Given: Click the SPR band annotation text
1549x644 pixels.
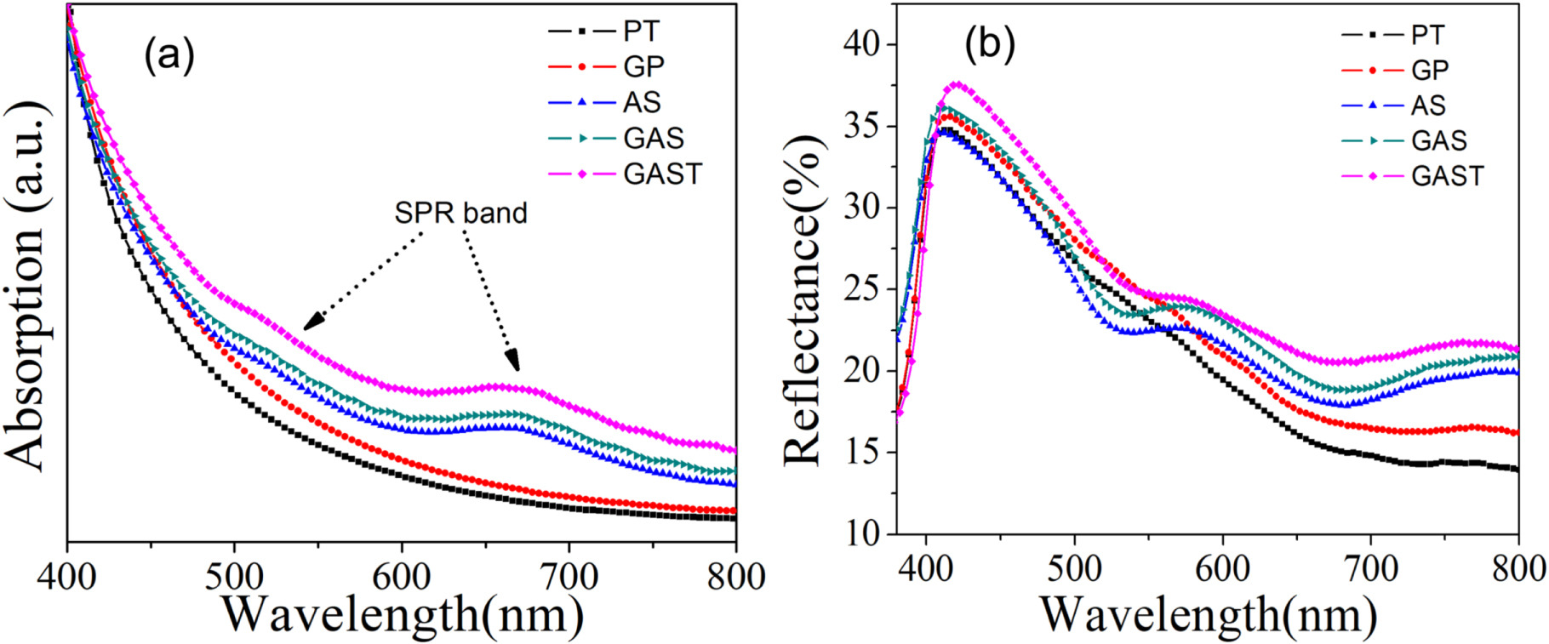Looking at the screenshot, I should coord(460,213).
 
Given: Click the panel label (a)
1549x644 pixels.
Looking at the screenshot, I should coord(169,55).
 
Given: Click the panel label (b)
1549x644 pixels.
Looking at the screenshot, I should coord(990,43).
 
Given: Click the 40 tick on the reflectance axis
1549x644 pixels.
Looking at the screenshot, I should coord(863,43).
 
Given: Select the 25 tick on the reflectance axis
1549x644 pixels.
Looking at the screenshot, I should coord(863,289).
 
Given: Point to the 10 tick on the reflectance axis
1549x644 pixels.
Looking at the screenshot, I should coord(863,533).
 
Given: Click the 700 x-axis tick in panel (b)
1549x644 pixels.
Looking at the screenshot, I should coord(1370,568).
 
